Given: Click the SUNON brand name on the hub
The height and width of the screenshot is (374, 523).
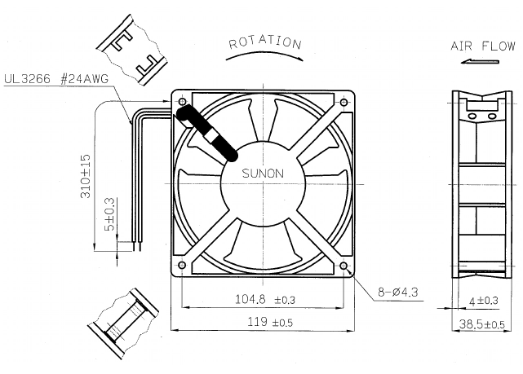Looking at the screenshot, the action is [x=263, y=174].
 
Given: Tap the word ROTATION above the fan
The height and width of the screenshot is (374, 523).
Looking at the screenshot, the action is [x=265, y=42].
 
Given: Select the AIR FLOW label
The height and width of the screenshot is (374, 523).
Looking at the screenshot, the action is [x=483, y=46].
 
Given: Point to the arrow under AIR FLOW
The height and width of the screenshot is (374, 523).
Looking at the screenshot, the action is [x=480, y=61].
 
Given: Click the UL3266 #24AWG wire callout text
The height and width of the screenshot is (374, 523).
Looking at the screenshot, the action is [x=56, y=79].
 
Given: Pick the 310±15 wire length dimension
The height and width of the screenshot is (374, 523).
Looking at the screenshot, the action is [x=86, y=176].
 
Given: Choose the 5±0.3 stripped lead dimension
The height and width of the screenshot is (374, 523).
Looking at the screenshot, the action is [x=109, y=214].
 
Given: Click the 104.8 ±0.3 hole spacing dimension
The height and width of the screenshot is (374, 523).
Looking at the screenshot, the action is [x=265, y=299].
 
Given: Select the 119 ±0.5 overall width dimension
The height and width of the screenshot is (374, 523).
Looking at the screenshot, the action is [x=270, y=322].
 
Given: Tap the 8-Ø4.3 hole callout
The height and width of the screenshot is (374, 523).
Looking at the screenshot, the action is [x=397, y=293].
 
